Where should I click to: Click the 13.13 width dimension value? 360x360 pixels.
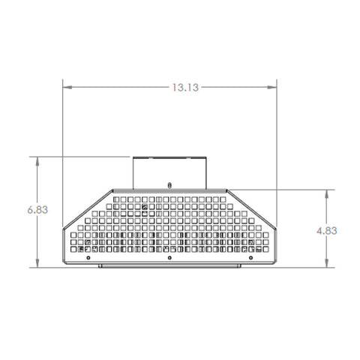pyautogui.click(x=184, y=87)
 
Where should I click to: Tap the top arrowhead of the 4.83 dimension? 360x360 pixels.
pyautogui.click(x=326, y=193)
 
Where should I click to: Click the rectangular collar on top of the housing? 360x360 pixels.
pyautogui.click(x=169, y=172)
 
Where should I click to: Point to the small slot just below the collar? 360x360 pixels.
pyautogui.click(x=169, y=184)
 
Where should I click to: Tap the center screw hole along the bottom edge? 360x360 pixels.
pyautogui.click(x=169, y=258)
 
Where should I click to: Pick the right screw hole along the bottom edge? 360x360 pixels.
pyautogui.click(x=250, y=258)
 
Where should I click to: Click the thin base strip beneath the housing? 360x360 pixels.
pyautogui.click(x=169, y=266)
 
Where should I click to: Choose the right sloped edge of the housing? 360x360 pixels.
pyautogui.click(x=251, y=208)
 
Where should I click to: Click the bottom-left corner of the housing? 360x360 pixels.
pyautogui.click(x=64, y=264)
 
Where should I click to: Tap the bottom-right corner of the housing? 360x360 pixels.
pyautogui.click(x=275, y=264)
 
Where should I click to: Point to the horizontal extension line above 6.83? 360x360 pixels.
pyautogui.click(x=82, y=156)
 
